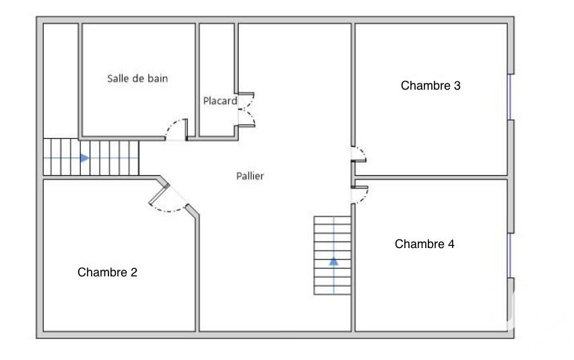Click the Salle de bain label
[137, 78]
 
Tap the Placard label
[220, 100]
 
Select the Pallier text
[250, 176]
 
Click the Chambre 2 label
[107, 272]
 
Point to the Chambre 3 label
[430, 86]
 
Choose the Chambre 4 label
[424, 244]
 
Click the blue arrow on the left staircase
[85, 158]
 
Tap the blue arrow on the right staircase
[333, 262]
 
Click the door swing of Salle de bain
[177, 129]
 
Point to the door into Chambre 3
[359, 154]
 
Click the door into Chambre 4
[360, 194]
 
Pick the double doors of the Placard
[247, 110]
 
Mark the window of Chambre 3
[509, 97]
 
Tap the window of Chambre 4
[509, 256]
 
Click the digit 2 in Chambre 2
[134, 272]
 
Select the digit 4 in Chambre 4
[451, 244]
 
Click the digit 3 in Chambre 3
[457, 86]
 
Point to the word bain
[158, 78]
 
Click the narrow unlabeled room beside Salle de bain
[61, 81]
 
